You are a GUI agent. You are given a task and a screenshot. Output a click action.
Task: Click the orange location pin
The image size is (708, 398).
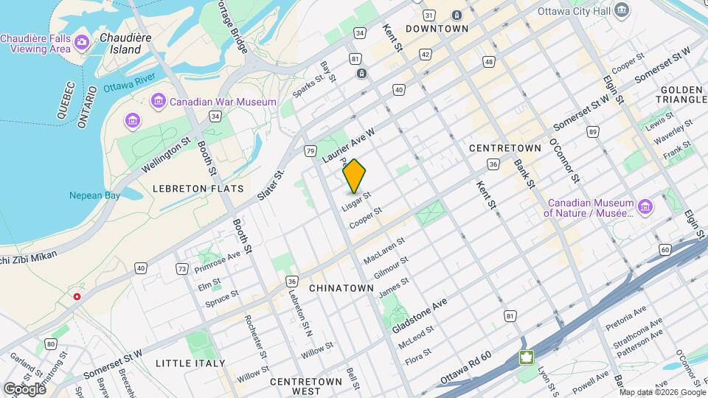click(x=355, y=175)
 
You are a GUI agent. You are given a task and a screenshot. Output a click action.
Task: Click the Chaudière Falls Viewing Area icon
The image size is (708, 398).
click(x=81, y=41)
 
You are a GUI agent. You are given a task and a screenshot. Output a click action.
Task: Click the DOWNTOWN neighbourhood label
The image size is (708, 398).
click(x=437, y=29)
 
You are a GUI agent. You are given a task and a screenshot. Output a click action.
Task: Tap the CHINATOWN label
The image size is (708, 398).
click(x=341, y=287)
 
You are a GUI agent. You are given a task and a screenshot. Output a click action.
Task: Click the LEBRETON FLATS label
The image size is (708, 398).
click(x=198, y=189)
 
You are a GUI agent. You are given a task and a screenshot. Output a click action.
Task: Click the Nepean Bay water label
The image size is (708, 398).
click(x=94, y=195)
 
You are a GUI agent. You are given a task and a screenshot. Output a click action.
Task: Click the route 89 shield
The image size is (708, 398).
click(x=592, y=132)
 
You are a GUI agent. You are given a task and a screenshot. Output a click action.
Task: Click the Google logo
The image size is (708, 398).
click(x=24, y=388)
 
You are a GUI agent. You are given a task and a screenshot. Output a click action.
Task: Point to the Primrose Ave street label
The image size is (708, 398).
click(x=218, y=262)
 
